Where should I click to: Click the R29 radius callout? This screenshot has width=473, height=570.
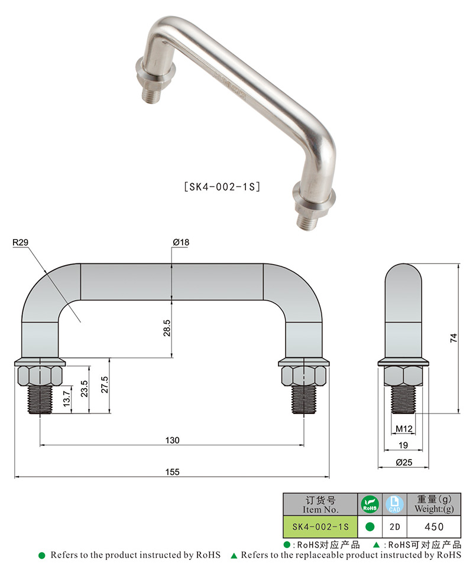[x=20, y=242]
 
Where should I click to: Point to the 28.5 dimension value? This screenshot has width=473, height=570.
[x=167, y=328]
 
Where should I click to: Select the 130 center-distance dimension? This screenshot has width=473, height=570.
[x=172, y=440]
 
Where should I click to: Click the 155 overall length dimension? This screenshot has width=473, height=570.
[x=172, y=471]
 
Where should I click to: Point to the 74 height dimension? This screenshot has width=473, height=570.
[x=453, y=338]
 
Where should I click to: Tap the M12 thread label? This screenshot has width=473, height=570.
[x=404, y=428]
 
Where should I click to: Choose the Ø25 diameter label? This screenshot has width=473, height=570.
[x=404, y=463]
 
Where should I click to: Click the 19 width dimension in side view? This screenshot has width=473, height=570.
[x=404, y=445]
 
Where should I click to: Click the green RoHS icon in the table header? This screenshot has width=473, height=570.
[x=370, y=504]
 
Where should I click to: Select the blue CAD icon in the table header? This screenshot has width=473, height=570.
[x=394, y=504]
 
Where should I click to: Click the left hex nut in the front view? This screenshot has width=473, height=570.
[x=40, y=374]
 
